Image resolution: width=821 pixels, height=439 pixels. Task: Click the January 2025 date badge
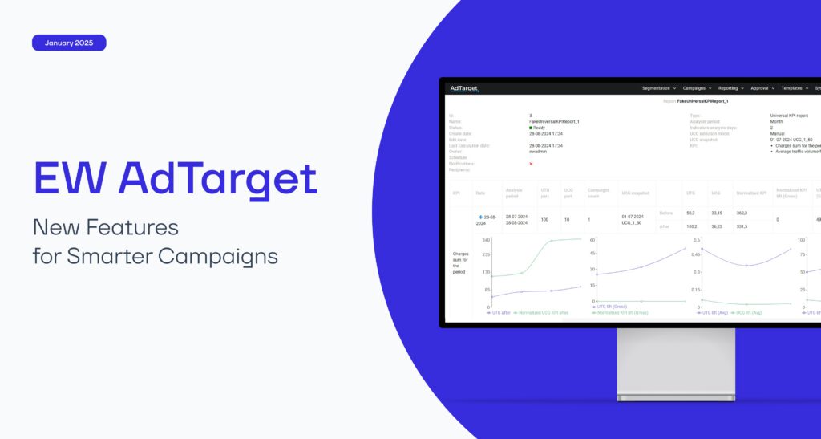(x=69, y=43)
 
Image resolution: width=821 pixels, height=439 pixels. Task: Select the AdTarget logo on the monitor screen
(x=464, y=88)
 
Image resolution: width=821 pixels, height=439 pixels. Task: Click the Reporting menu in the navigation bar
(x=730, y=88)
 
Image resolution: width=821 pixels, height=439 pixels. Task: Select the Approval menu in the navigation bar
(x=762, y=88)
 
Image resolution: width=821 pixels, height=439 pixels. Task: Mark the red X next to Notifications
(x=531, y=164)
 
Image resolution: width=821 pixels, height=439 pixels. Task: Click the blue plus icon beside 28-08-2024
(x=480, y=217)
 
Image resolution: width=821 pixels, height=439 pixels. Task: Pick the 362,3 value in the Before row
(x=742, y=213)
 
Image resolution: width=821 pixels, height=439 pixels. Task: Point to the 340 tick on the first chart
(x=486, y=240)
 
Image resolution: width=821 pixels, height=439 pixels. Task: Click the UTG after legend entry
(x=499, y=313)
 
